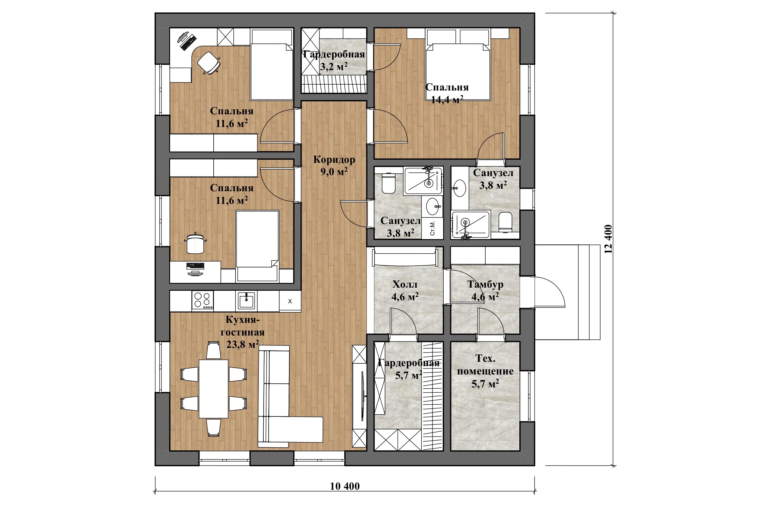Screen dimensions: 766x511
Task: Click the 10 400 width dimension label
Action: (x=345, y=486)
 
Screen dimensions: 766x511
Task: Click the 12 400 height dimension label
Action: (x=608, y=239)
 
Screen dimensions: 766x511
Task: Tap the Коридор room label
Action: (x=334, y=160)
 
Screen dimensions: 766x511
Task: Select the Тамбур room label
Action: (x=485, y=285)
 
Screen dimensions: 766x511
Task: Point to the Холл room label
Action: (x=405, y=285)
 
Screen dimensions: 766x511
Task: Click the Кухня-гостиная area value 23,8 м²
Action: (x=243, y=344)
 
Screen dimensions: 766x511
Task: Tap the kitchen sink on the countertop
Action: (x=246, y=300)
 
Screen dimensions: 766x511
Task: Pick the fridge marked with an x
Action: (x=290, y=301)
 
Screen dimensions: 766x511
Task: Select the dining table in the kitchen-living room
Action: (x=213, y=388)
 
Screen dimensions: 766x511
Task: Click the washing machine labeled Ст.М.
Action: (x=433, y=228)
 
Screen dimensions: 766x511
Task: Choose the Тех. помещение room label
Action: (x=485, y=365)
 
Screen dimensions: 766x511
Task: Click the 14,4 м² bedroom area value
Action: (x=447, y=100)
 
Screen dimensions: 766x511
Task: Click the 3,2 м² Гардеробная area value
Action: (x=334, y=67)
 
